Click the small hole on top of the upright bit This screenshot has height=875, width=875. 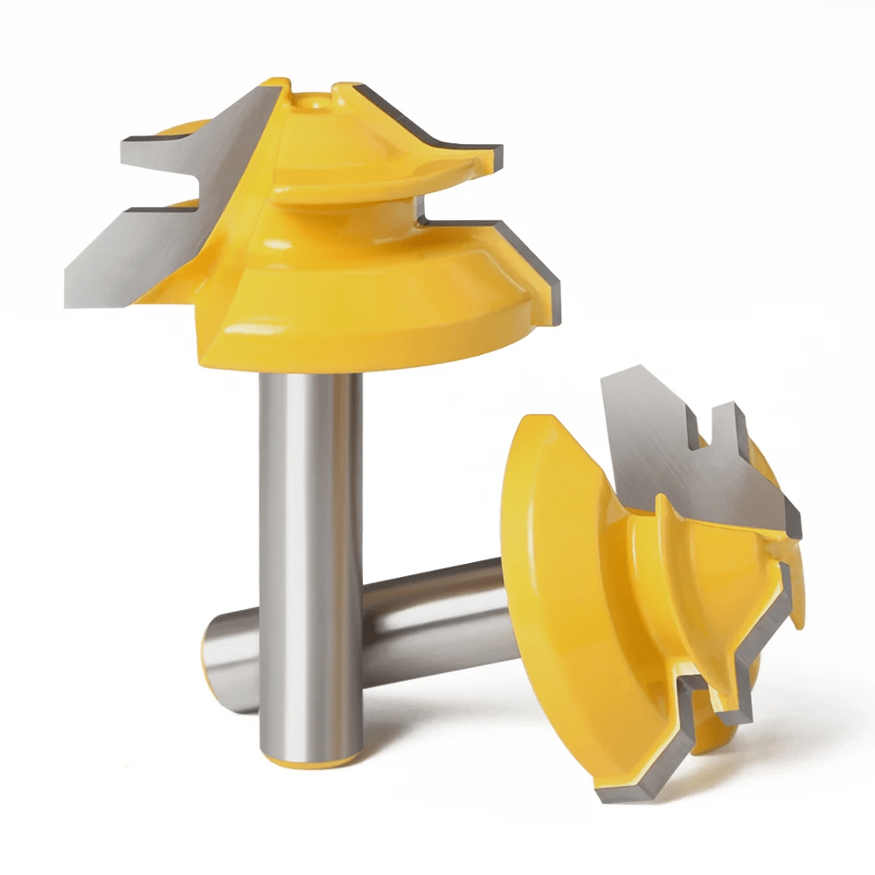click(311, 103)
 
